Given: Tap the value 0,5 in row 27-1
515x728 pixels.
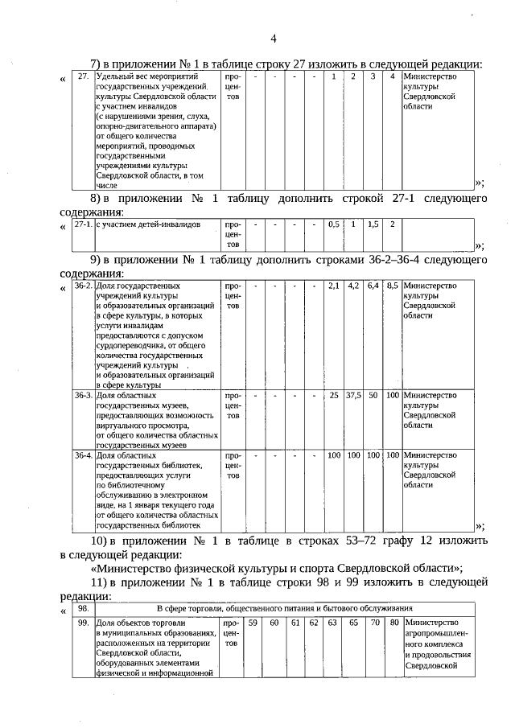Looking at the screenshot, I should (x=333, y=224).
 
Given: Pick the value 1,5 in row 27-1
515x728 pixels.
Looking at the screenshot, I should (x=373, y=224).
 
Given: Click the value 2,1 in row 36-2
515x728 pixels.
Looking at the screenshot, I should (x=333, y=286).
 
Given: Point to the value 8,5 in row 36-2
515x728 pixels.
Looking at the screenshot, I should (x=392, y=286).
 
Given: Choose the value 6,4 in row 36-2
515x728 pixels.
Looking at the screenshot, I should (x=373, y=286).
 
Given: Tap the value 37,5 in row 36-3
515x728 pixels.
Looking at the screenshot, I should (x=352, y=396).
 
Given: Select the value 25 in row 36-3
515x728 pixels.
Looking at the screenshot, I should (x=333, y=396).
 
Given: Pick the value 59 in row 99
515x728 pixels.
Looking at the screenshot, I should (x=252, y=623).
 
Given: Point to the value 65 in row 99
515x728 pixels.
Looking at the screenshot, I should (x=352, y=623).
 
